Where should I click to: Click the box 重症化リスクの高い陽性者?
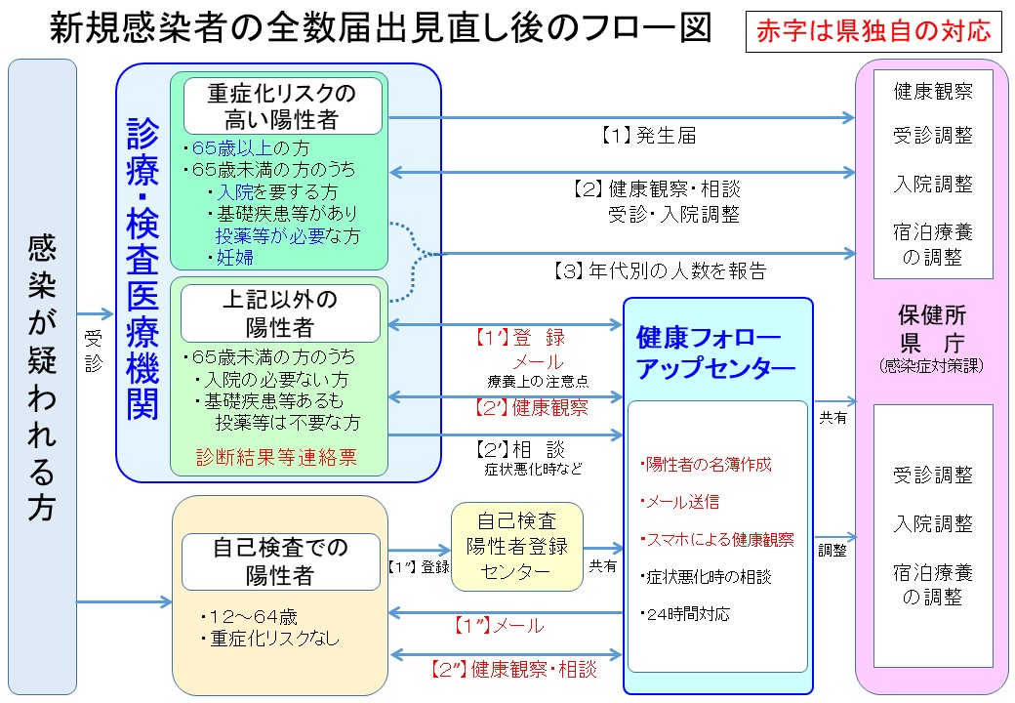(281, 106)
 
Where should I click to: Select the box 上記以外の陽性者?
(280, 312)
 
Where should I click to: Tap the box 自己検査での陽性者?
(280, 561)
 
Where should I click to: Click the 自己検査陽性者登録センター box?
(516, 546)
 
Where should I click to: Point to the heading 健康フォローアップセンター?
(715, 353)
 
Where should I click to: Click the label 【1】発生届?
(647, 137)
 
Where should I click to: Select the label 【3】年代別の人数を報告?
(659, 270)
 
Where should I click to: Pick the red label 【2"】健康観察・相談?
(512, 671)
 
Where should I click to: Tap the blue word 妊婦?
(234, 257)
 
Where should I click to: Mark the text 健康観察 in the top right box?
(933, 92)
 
